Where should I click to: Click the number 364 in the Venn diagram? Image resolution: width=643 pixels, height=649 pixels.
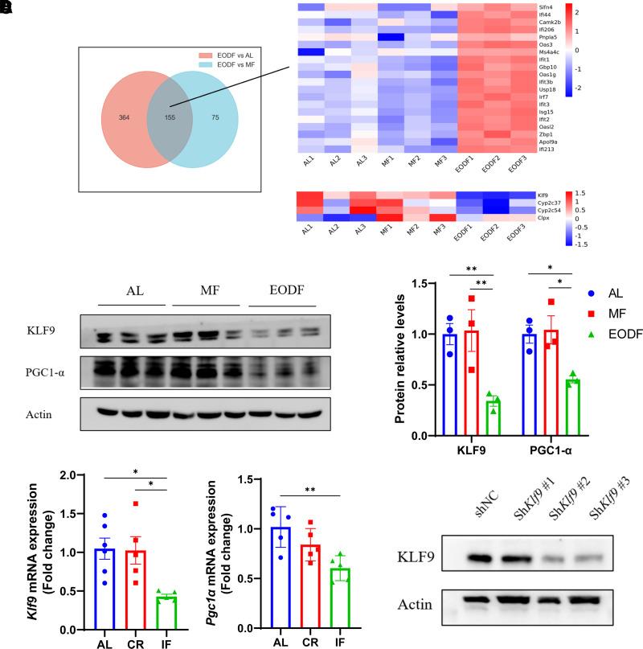point(125,117)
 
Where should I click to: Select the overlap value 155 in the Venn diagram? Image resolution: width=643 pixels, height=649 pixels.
point(169,117)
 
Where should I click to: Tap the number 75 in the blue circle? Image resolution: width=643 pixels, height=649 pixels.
point(215,117)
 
